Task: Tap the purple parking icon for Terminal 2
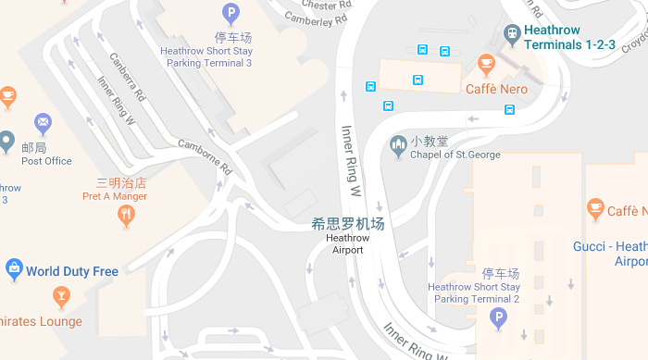tap(499, 319)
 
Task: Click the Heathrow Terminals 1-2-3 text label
tap(569, 37)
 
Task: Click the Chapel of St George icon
tap(398, 144)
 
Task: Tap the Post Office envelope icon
tap(43, 122)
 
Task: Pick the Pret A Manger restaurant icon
tap(127, 216)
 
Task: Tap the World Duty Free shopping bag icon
tap(14, 269)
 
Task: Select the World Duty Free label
tap(72, 271)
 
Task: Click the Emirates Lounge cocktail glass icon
tap(61, 296)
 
